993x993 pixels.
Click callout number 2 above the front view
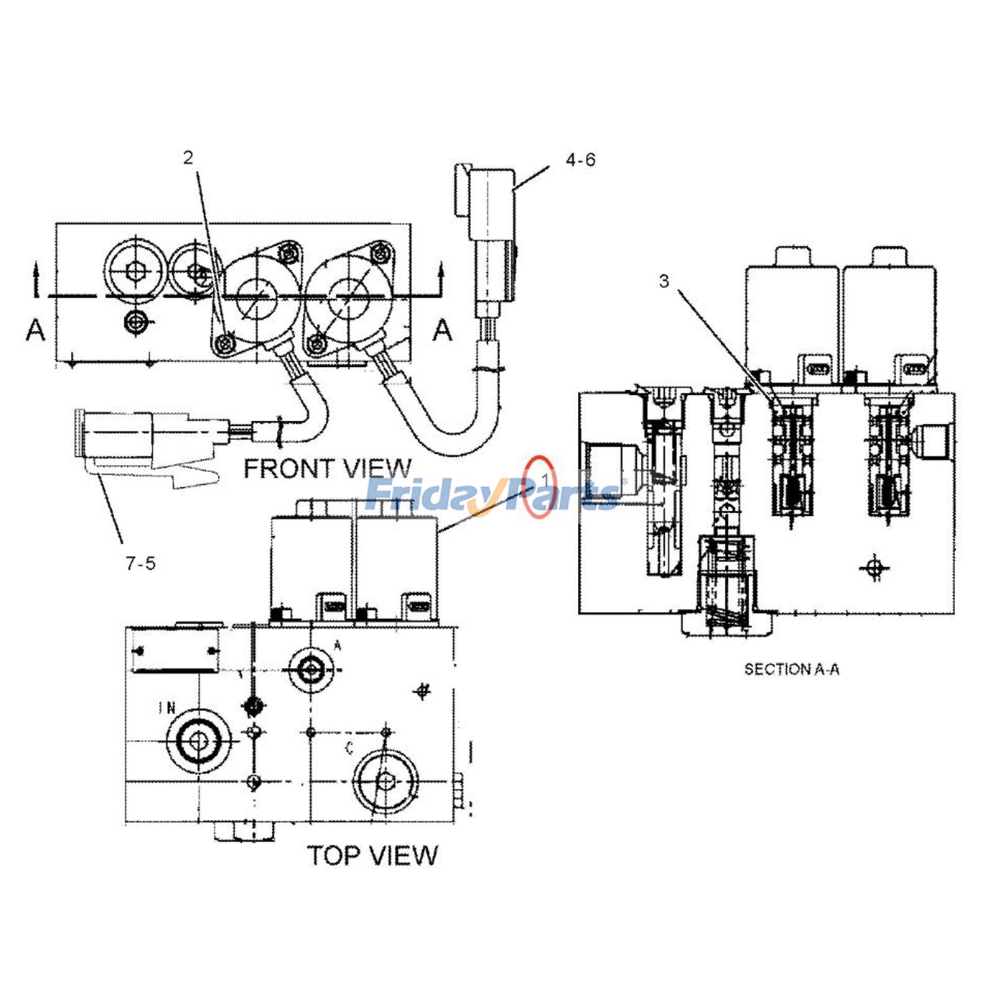[x=188, y=158]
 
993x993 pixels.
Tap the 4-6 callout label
[x=580, y=160]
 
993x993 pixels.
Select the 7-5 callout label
[x=140, y=564]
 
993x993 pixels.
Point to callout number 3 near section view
[x=664, y=281]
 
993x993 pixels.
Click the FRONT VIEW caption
[x=327, y=469]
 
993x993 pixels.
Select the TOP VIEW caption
[x=372, y=855]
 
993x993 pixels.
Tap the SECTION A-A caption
[x=791, y=669]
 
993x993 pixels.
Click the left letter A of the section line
[x=36, y=330]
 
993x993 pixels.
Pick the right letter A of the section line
[x=442, y=330]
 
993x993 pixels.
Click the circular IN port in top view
[x=199, y=740]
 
